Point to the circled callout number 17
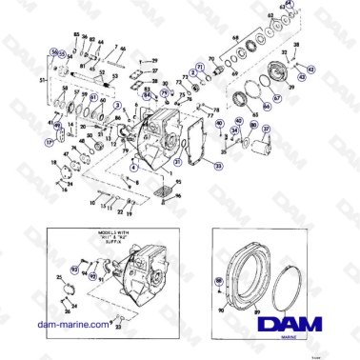[x=50, y=141]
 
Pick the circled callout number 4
[x=134, y=167]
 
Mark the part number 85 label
[x=76, y=33]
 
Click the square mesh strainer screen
[x=163, y=194]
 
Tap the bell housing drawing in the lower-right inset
[x=244, y=283]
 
